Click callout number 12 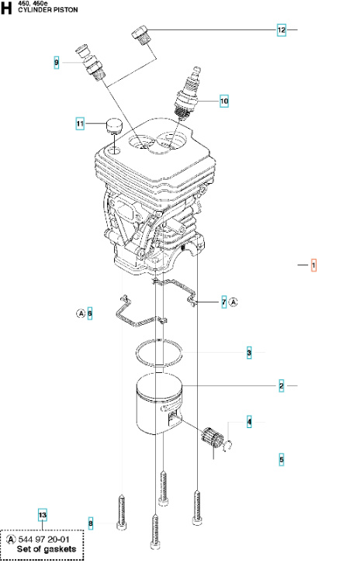tap(282, 30)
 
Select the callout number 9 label tap(57, 61)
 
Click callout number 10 tap(224, 101)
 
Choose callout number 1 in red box tap(313, 265)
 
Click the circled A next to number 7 tap(234, 302)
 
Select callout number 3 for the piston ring tap(249, 353)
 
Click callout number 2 tap(282, 385)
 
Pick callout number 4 tap(249, 422)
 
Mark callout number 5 tap(282, 459)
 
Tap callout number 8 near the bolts tap(90, 523)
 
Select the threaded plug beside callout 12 tap(140, 36)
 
